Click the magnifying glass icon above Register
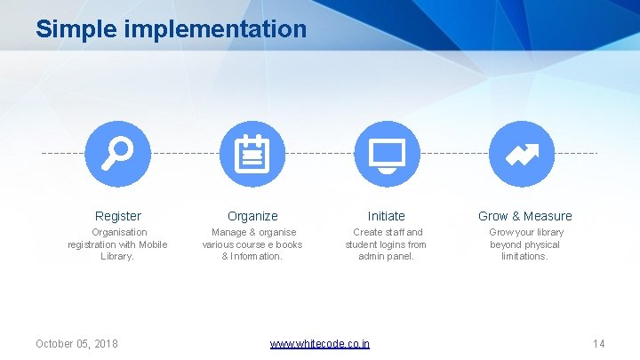[117, 154]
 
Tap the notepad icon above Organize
[252, 154]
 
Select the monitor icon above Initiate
[387, 154]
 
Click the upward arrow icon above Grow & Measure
[522, 154]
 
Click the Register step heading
[118, 216]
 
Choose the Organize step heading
[252, 216]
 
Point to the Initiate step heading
[387, 216]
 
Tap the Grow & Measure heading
[524, 216]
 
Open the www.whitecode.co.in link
[320, 344]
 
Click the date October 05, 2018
[76, 344]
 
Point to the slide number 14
[598, 344]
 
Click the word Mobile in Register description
[152, 244]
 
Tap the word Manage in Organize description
[229, 233]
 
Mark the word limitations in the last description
[524, 256]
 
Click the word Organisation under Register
[120, 233]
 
